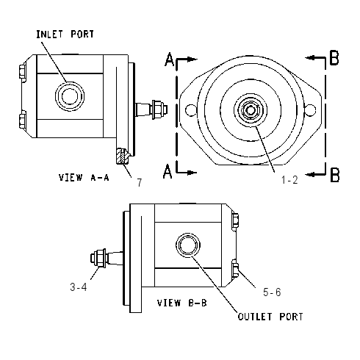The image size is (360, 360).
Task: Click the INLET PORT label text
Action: [x=65, y=35]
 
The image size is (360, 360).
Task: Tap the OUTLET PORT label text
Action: [x=270, y=317]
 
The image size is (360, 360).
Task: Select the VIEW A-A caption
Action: [x=84, y=177]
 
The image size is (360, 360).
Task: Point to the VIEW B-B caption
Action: [x=182, y=303]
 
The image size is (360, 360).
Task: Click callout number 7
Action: [x=140, y=182]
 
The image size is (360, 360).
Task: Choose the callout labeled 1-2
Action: [x=289, y=180]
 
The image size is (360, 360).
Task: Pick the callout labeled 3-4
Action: [x=79, y=287]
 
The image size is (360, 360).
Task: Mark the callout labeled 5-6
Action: [x=272, y=292]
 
